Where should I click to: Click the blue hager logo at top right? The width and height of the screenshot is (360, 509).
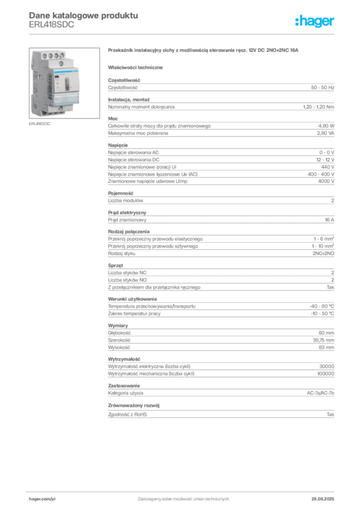click(315, 22)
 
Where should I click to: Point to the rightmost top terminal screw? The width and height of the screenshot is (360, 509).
click(62, 55)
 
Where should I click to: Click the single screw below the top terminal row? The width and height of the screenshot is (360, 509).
click(61, 64)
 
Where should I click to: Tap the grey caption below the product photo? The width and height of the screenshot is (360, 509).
click(40, 124)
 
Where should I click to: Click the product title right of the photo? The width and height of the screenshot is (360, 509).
click(204, 51)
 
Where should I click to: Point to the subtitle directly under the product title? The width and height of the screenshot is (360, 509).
click(136, 67)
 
